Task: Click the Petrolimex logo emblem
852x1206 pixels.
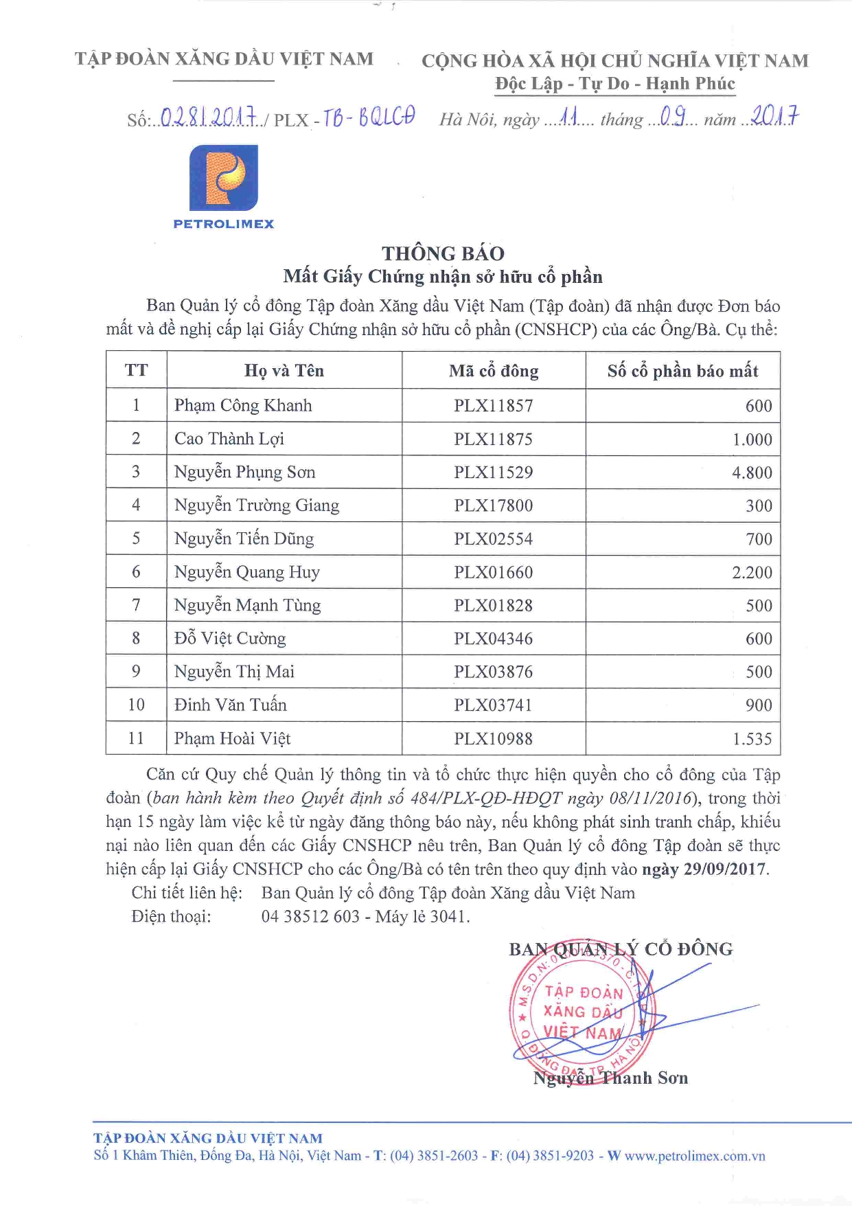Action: (224, 178)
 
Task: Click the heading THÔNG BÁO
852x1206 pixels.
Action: (443, 253)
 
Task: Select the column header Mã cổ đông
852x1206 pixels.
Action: (494, 372)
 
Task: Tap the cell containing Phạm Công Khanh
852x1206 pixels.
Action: (243, 406)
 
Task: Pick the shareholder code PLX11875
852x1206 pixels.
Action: (493, 440)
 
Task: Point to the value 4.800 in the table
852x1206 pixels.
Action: (752, 473)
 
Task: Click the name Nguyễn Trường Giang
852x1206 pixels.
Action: (257, 506)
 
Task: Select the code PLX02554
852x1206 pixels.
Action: (493, 539)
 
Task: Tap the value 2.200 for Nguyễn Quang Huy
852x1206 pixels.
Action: (752, 573)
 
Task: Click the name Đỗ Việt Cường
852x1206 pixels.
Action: (230, 639)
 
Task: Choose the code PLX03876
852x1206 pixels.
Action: (493, 672)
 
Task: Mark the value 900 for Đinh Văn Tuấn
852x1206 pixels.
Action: (759, 705)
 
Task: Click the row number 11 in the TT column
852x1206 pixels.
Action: (136, 739)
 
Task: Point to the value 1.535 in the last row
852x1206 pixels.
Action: (752, 740)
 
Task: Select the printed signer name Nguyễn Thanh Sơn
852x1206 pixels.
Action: (610, 1078)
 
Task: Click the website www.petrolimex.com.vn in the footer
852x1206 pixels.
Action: (694, 1157)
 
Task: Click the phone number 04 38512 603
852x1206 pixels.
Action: (310, 917)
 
